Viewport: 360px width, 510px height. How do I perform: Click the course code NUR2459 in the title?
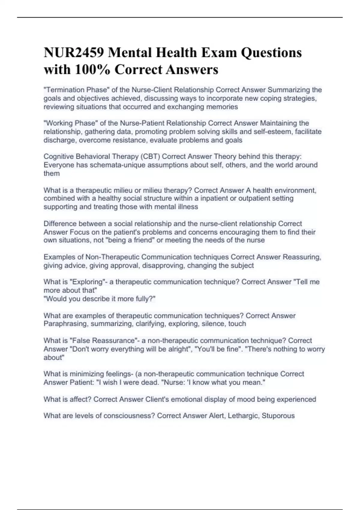pos(74,52)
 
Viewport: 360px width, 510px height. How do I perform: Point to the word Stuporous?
pos(278,416)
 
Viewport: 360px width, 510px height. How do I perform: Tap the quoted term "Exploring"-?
pos(87,282)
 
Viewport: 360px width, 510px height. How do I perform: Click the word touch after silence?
pos(237,324)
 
